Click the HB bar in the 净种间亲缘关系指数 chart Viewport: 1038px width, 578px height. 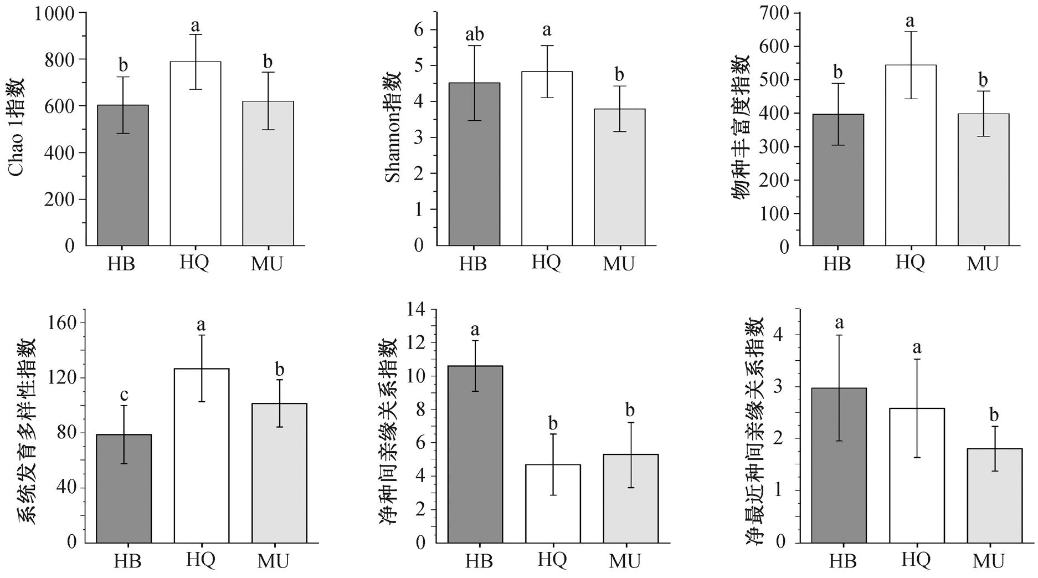click(x=475, y=454)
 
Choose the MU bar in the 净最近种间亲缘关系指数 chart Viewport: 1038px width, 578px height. click(x=994, y=495)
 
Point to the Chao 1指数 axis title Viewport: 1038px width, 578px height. click(x=18, y=127)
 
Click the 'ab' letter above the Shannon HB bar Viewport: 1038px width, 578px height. click(x=474, y=35)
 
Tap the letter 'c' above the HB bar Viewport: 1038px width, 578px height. click(x=124, y=395)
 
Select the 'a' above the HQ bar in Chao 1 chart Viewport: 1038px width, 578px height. click(x=195, y=25)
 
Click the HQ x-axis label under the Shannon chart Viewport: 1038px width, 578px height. click(x=546, y=262)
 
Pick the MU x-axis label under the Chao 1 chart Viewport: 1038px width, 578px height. click(x=267, y=264)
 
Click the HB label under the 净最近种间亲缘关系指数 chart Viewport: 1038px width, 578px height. click(x=842, y=561)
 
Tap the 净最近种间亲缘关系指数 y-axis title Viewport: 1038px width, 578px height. click(x=754, y=432)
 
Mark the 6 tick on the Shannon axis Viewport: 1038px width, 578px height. click(x=419, y=30)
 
